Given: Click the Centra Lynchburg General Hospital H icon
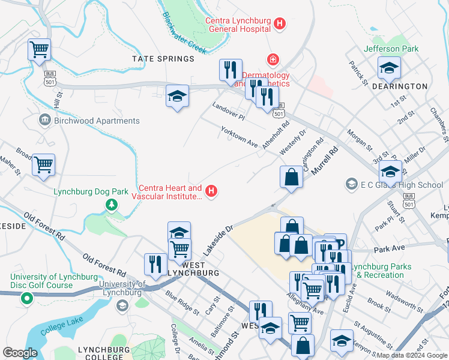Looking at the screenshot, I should point(279,25).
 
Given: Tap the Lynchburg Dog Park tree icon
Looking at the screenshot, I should point(111,205).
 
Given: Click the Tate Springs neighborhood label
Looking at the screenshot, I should point(163,59).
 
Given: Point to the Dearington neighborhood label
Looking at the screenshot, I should point(399,86).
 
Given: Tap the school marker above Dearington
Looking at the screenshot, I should point(388,69).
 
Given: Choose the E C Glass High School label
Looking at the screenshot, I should point(403,184).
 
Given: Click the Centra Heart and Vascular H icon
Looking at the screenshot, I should point(211,192).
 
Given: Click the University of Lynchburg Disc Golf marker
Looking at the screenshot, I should point(26,298).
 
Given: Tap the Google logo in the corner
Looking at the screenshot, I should point(20,353).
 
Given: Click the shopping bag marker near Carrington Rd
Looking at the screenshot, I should point(291,178).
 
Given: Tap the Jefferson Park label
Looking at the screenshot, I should point(391,49).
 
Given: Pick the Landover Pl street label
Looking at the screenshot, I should point(229,111).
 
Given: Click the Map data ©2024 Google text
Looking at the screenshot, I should point(411,355).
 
